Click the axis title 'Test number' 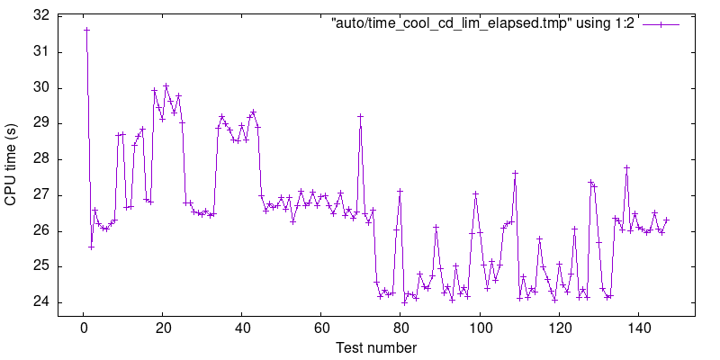[x=376, y=347]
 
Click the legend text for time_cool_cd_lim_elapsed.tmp [x=483, y=24]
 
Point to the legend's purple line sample [x=661, y=24]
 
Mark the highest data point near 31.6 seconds [x=87, y=30]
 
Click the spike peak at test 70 [x=361, y=116]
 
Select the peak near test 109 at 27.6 [x=516, y=173]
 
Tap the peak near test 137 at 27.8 [x=627, y=167]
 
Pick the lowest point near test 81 [x=405, y=302]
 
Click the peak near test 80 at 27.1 [x=400, y=191]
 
